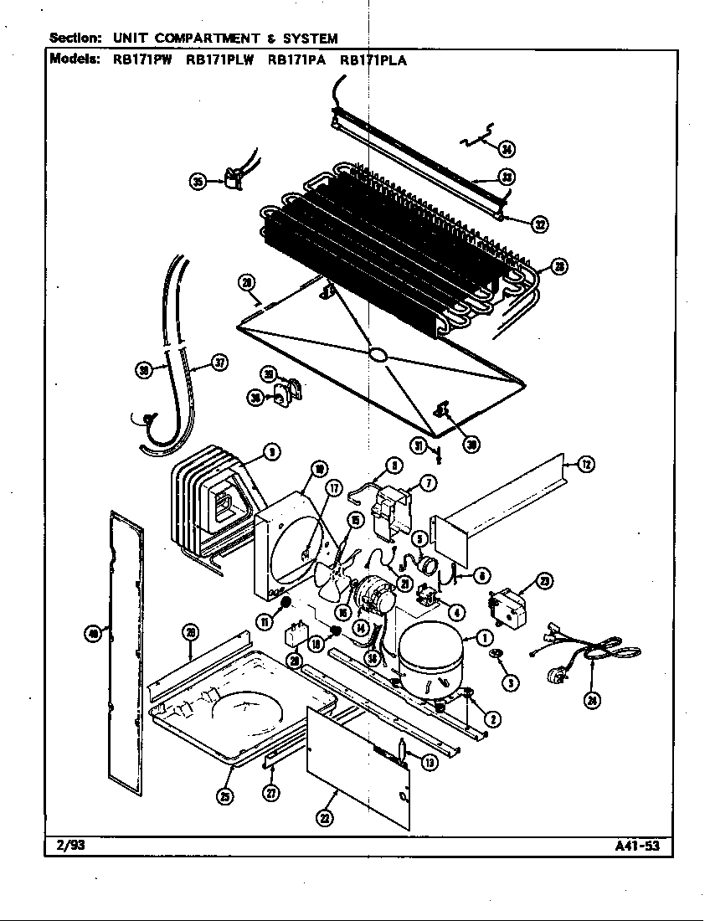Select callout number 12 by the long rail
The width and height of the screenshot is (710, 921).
(x=587, y=464)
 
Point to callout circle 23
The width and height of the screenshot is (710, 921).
(x=545, y=581)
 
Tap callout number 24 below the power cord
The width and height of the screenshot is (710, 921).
(x=592, y=701)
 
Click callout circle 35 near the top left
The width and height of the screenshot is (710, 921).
(x=198, y=181)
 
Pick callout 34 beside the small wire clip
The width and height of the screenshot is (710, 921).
(x=506, y=149)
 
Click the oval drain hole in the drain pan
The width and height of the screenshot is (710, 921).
(x=378, y=355)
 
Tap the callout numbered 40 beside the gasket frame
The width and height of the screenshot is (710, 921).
(x=93, y=634)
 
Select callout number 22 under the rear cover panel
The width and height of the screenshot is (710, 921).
(x=325, y=819)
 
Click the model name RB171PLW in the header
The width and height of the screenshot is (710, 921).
(x=219, y=60)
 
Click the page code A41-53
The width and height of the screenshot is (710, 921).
(x=638, y=846)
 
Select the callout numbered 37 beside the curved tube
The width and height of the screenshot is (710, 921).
(x=219, y=363)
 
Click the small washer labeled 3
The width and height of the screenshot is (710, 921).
(x=497, y=654)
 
